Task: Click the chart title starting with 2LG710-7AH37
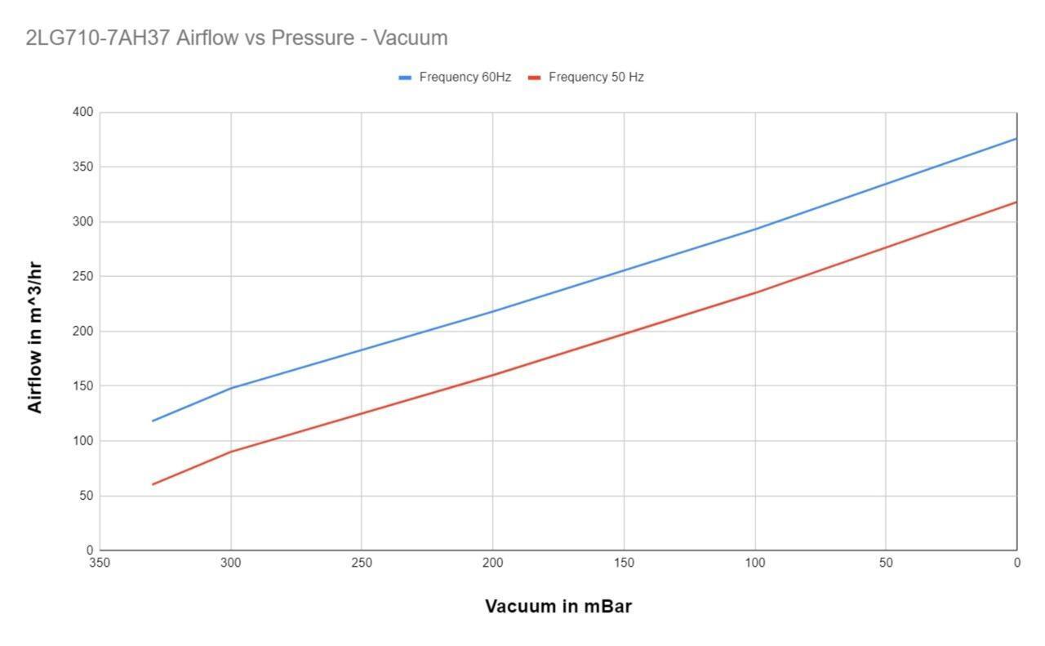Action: (x=237, y=38)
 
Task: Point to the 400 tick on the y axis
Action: (x=83, y=112)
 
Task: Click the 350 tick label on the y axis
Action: (x=83, y=167)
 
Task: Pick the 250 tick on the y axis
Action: (x=83, y=276)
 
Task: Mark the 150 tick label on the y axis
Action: (x=83, y=385)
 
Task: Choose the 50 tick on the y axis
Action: (x=86, y=496)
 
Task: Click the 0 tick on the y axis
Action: (x=90, y=550)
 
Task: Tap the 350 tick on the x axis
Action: (x=100, y=563)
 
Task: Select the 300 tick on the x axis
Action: (x=231, y=563)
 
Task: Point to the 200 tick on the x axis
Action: (x=492, y=563)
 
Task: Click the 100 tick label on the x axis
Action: (x=754, y=563)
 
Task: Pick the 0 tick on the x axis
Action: (x=1016, y=563)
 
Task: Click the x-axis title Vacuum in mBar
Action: (x=558, y=606)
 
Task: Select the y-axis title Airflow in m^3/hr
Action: (x=35, y=336)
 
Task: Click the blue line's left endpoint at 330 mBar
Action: (x=153, y=421)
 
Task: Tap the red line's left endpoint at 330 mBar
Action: (x=153, y=484)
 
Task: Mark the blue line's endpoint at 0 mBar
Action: (x=1016, y=139)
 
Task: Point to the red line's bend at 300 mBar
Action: (x=231, y=452)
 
